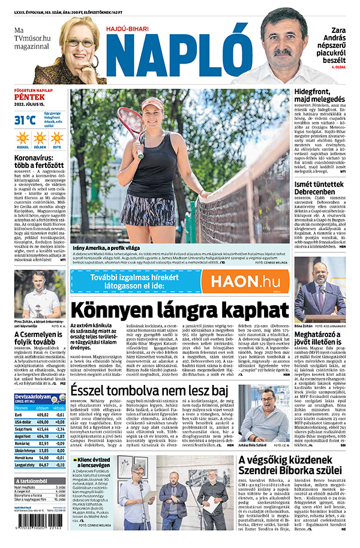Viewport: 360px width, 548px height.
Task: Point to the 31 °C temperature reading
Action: click(25, 121)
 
